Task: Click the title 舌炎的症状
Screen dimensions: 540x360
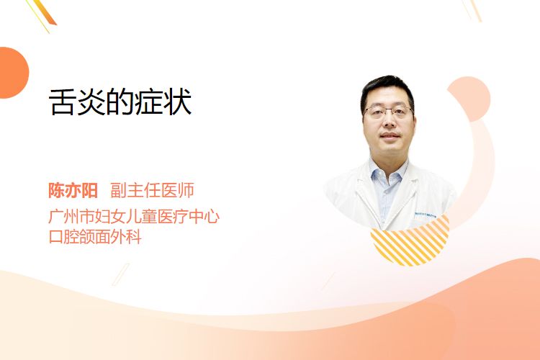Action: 120,102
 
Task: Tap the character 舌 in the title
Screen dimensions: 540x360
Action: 62,102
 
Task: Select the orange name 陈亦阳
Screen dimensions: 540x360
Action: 73,190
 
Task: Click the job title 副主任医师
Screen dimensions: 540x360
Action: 152,190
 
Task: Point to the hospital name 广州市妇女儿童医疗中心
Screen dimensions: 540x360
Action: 134,216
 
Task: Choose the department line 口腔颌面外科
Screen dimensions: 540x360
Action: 95,237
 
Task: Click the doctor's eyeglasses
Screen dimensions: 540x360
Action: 389,112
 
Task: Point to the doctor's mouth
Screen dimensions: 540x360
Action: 390,136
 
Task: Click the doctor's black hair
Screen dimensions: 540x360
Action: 387,89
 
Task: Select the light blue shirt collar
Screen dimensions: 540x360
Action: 387,172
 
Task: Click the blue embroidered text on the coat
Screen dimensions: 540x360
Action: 426,215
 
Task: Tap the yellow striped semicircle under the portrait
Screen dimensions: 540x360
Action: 410,241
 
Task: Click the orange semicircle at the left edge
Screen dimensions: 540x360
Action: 13,73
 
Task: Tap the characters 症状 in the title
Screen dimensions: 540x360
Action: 163,102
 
